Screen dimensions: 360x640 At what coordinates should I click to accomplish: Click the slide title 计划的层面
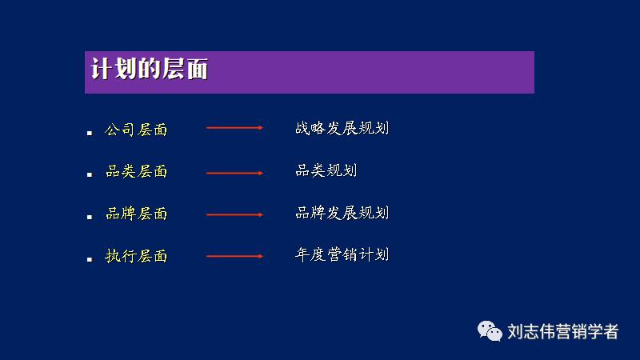150,70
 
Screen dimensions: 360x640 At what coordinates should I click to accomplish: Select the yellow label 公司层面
137,130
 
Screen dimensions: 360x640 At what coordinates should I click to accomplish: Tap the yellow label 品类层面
137,172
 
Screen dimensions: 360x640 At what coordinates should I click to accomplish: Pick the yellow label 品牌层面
137,214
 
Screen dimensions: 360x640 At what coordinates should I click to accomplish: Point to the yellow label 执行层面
137,257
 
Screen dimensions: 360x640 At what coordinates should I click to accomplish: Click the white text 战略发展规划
342,127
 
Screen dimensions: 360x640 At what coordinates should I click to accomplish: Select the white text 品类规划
326,170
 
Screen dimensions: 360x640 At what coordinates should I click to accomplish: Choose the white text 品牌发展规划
342,212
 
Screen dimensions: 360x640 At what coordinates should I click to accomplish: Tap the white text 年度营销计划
342,254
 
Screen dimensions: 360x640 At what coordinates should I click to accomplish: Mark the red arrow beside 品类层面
234,173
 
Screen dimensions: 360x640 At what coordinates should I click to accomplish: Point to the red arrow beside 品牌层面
234,214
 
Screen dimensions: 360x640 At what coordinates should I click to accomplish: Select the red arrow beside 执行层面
234,256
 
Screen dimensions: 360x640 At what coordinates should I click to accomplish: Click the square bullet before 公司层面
90,133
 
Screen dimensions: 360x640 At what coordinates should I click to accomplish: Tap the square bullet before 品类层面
90,175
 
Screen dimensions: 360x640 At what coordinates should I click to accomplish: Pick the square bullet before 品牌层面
90,218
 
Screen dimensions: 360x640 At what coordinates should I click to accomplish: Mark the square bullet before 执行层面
90,259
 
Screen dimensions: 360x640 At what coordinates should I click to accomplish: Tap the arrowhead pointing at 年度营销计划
260,256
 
